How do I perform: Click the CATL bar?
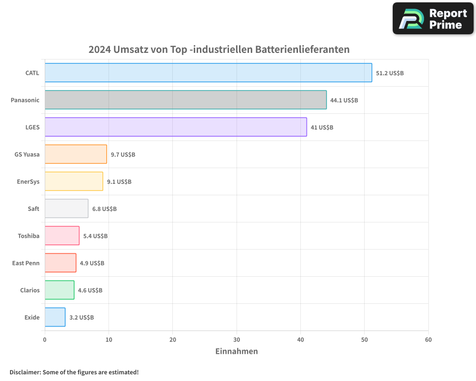click(x=208, y=73)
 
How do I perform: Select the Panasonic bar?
click(x=186, y=100)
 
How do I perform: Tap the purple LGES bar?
click(x=176, y=127)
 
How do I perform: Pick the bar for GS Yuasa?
click(x=76, y=154)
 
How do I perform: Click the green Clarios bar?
click(x=59, y=290)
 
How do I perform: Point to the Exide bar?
click(x=55, y=317)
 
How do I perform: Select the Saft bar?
click(x=66, y=209)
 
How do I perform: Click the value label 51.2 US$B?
click(x=390, y=73)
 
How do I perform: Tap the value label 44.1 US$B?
click(x=344, y=100)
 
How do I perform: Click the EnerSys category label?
click(x=28, y=181)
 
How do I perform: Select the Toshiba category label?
click(x=29, y=236)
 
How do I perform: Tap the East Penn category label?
click(x=26, y=263)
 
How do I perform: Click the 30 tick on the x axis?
click(x=237, y=340)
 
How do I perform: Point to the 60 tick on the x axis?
click(x=428, y=340)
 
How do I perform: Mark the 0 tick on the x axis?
click(x=45, y=340)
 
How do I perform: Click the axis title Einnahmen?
click(x=237, y=351)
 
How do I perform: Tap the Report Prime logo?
click(x=433, y=19)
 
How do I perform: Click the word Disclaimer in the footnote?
click(x=25, y=372)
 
